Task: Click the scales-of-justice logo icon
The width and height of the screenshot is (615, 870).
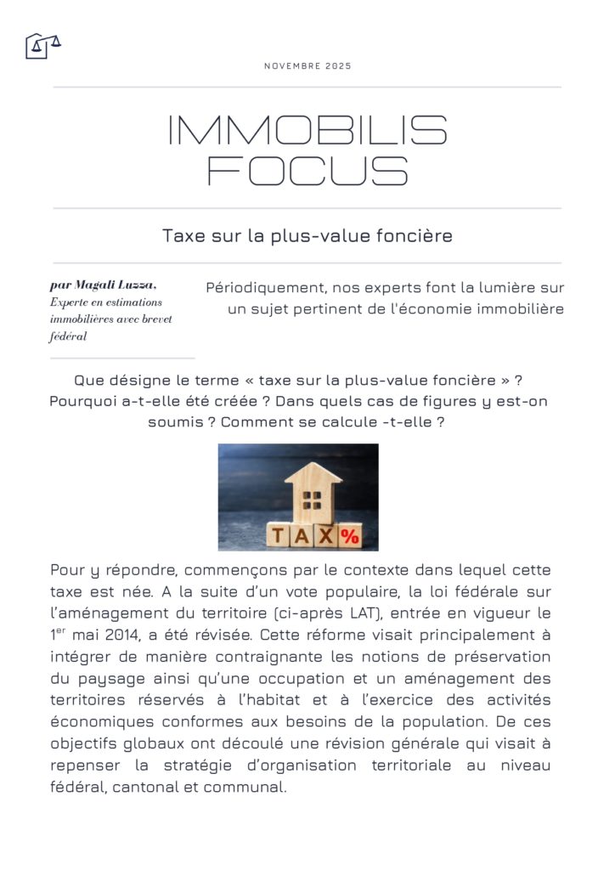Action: pos(42,45)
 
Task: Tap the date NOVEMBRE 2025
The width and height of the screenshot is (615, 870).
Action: pos(307,66)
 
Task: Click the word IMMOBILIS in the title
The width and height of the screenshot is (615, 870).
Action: pos(307,131)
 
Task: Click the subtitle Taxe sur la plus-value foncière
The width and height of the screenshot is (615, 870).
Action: pos(307,236)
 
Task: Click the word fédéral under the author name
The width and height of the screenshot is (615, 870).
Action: pos(69,336)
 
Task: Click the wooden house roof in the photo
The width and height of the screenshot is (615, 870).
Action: pos(313,474)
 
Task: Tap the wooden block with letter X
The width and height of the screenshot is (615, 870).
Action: pos(327,536)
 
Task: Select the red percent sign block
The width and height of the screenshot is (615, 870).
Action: pos(350,536)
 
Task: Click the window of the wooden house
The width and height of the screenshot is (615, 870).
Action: pos(313,497)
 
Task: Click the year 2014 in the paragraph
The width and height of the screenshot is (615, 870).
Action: pos(133,635)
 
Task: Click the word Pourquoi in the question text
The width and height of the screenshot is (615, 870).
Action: pos(83,401)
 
